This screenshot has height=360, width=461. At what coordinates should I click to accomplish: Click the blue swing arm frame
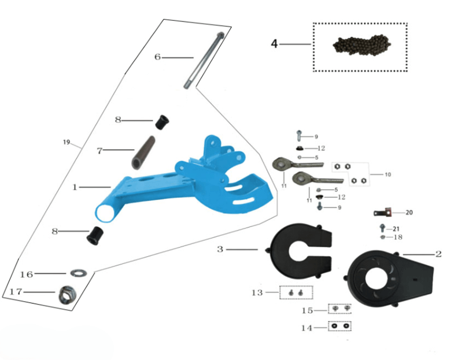pos(174,185)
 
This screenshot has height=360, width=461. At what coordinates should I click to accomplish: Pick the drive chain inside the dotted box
pos(360,46)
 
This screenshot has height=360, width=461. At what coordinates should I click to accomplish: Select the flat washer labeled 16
pos(76,272)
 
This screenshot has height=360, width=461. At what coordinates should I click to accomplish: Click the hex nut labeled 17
pos(67,295)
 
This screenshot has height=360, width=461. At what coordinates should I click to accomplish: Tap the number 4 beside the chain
pos(275,44)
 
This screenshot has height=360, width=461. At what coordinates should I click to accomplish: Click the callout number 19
pos(66,142)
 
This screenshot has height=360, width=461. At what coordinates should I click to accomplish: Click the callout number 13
pos(257,292)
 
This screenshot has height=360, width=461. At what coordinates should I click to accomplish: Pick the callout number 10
pos(388,173)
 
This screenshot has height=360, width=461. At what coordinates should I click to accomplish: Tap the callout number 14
pos(306,328)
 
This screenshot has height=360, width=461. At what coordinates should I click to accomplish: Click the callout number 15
pos(307,310)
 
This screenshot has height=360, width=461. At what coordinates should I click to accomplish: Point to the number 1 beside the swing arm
pos(75,187)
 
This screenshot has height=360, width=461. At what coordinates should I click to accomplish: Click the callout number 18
pos(398,237)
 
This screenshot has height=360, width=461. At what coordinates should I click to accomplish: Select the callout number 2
pos(438,254)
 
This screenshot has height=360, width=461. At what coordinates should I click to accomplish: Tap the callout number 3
pos(220,250)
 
